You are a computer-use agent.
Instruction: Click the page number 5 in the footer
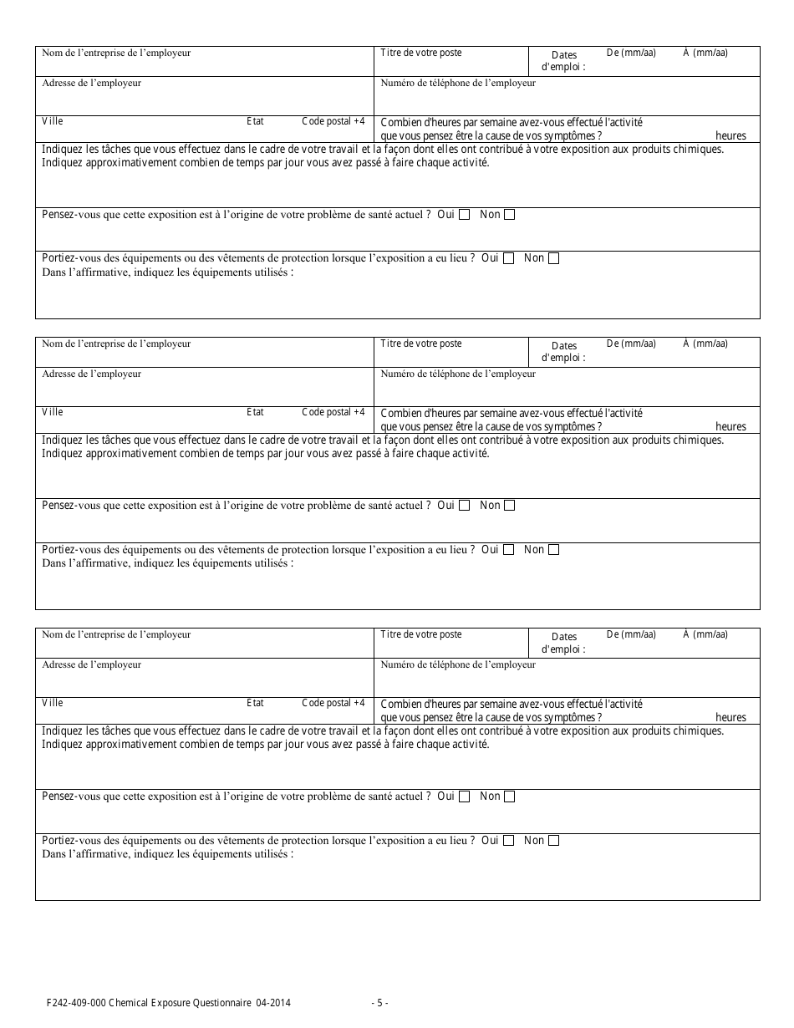click(x=380, y=1003)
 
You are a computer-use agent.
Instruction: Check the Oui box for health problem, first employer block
click(x=465, y=215)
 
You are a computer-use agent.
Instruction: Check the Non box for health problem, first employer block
click(x=510, y=215)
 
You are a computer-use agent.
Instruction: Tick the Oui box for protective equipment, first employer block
click(x=508, y=258)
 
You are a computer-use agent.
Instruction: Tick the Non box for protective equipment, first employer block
click(x=553, y=258)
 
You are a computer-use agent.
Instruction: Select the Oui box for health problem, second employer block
click(x=465, y=506)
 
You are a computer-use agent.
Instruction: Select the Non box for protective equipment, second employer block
click(x=553, y=550)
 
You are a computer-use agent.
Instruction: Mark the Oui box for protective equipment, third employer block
click(x=508, y=841)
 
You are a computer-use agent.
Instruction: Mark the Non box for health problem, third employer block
click(x=510, y=796)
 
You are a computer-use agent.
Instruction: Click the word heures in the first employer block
click(x=730, y=135)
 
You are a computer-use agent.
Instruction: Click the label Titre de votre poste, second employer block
click(x=421, y=344)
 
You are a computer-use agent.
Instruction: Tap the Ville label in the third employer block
click(x=53, y=703)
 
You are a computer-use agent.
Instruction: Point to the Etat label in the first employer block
click(x=255, y=121)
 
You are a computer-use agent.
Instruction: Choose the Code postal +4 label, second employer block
click(x=333, y=412)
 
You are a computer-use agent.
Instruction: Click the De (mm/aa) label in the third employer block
click(x=631, y=634)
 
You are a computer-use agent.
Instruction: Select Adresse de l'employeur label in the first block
click(x=92, y=83)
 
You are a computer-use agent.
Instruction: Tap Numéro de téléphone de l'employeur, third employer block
click(x=458, y=664)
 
